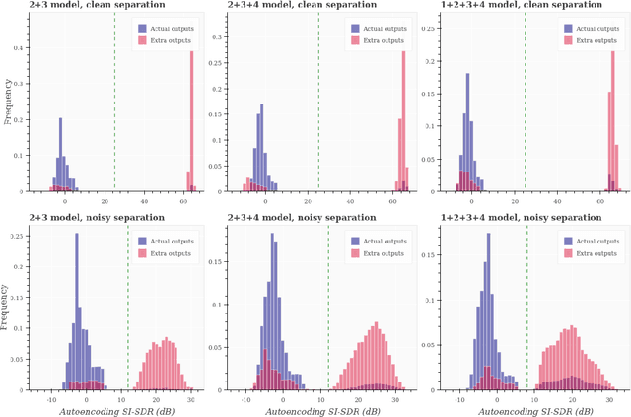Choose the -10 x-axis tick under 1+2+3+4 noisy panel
coord(459,398)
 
